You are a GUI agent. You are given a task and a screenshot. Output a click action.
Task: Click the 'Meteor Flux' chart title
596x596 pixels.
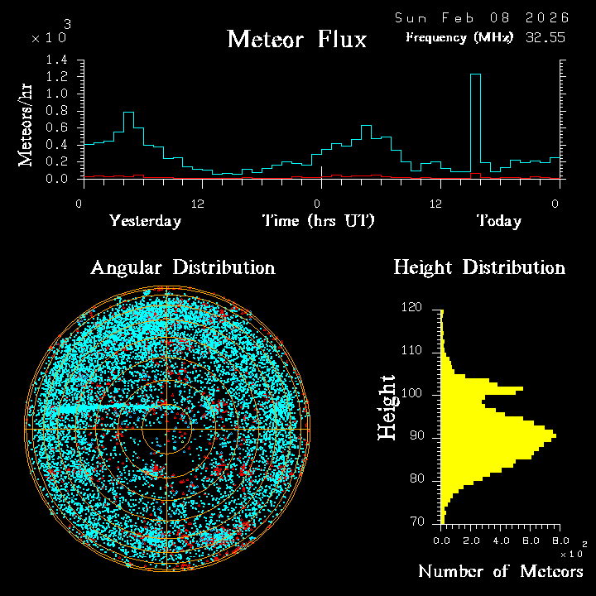click(x=296, y=39)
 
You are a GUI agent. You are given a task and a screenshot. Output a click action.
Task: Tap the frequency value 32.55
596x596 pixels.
click(x=546, y=37)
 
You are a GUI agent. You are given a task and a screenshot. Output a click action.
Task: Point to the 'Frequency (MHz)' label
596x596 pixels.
click(x=459, y=37)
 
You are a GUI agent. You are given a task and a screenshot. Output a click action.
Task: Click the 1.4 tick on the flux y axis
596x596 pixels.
click(x=57, y=60)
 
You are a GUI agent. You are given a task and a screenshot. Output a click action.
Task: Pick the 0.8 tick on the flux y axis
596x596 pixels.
click(x=57, y=111)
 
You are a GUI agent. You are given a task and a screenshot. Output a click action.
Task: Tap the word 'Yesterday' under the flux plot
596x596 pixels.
click(x=145, y=221)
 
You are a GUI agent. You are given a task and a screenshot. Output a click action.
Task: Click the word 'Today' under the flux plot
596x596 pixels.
click(x=498, y=221)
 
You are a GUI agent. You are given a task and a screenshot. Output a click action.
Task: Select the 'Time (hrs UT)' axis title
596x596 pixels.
click(x=319, y=221)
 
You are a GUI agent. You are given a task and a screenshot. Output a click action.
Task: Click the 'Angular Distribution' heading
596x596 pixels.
click(x=182, y=267)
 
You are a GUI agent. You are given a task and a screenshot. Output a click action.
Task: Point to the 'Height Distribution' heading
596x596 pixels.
click(x=479, y=267)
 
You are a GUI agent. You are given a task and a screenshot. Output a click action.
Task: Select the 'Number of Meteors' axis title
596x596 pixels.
click(x=501, y=572)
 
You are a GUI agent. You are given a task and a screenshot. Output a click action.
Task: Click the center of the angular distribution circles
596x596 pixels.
click(x=166, y=430)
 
